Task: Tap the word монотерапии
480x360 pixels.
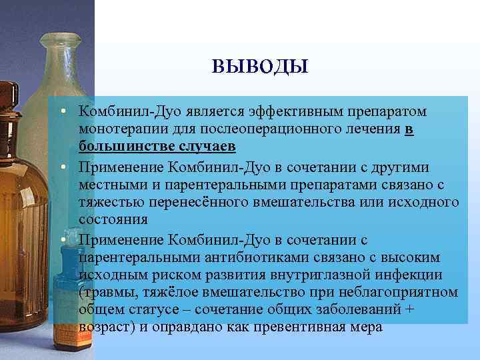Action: coord(118,129)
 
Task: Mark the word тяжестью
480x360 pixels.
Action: coord(108,201)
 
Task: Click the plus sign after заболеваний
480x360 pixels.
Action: coord(409,310)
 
